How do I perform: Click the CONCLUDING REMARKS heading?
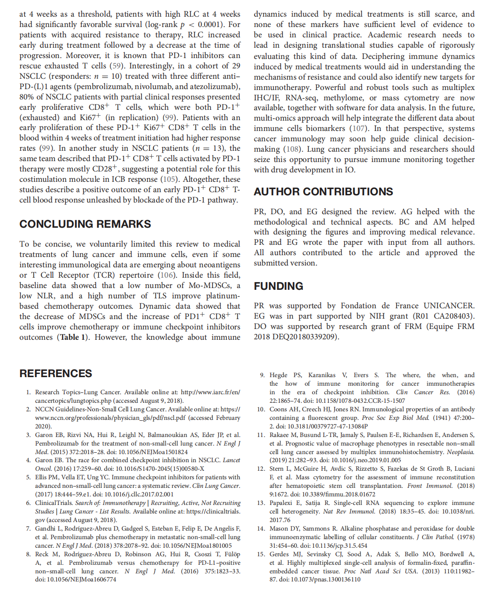85,224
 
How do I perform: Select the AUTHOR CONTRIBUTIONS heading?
323,192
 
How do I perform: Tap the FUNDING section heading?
278,286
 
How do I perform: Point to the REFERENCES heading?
56,374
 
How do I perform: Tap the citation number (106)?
166,275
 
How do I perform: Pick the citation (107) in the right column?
358,128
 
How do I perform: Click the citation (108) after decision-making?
292,149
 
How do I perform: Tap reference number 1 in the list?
28,392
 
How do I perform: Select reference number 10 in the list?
261,410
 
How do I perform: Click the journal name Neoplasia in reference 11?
460,452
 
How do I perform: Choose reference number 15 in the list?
261,554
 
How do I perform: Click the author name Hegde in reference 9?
278,375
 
